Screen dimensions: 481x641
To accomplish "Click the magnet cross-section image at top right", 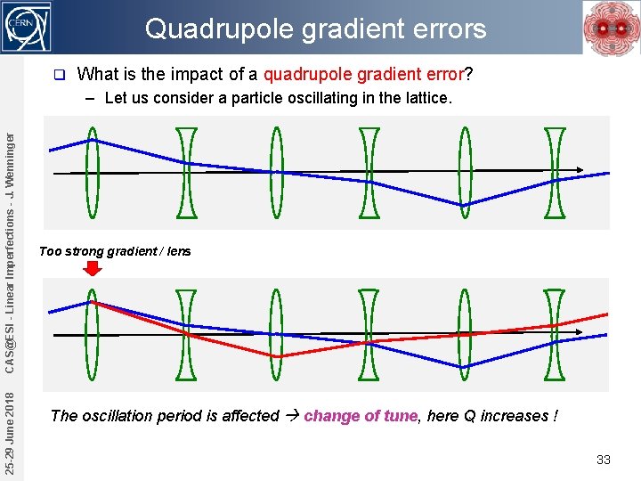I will tap(610, 28).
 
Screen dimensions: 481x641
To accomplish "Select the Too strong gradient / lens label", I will tap(115, 251).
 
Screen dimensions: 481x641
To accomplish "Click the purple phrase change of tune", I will tap(361, 416).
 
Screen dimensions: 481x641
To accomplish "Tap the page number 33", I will tap(603, 460).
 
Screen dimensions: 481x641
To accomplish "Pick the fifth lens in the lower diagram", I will tap(463, 334).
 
